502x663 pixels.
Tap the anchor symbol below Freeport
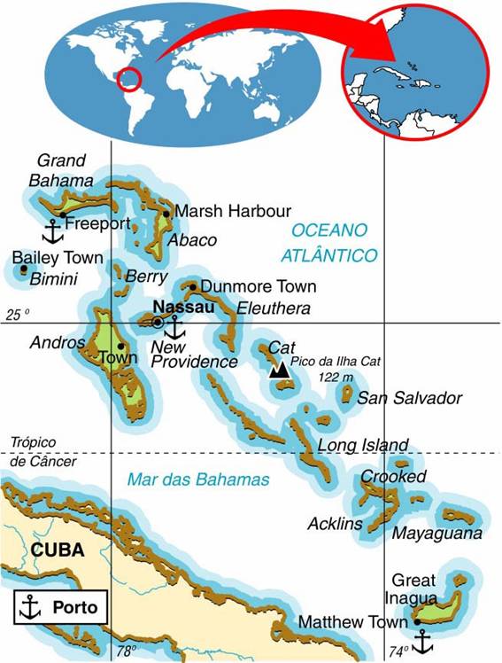click(x=53, y=232)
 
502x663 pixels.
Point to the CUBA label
click(x=58, y=550)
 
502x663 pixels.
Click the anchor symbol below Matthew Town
click(x=423, y=640)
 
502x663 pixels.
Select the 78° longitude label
click(x=126, y=651)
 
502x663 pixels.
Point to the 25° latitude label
click(x=18, y=315)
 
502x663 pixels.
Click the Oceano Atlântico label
click(x=329, y=242)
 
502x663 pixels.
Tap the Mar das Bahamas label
click(x=198, y=480)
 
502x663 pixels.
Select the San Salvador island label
click(x=409, y=398)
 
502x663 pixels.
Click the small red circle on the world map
click(x=130, y=79)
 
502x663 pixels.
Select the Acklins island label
click(x=335, y=523)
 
